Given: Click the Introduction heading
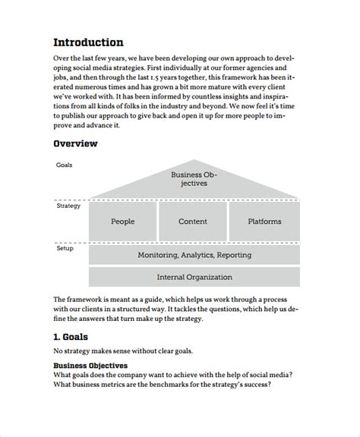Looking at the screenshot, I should pos(88,42).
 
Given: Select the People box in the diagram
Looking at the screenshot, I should pos(122,222).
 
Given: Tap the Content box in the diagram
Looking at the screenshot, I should pos(193,222).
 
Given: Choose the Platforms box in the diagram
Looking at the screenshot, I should pos(264,222).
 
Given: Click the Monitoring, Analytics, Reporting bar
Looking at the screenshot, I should pos(194,255).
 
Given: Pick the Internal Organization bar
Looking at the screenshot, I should pos(194,277).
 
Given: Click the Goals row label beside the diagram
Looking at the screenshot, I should pos(65,165).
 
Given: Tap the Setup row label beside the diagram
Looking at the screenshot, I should pos(65,247).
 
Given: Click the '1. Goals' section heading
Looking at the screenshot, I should pos(71,336).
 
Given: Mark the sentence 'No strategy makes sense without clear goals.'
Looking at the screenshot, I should pos(123,351).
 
